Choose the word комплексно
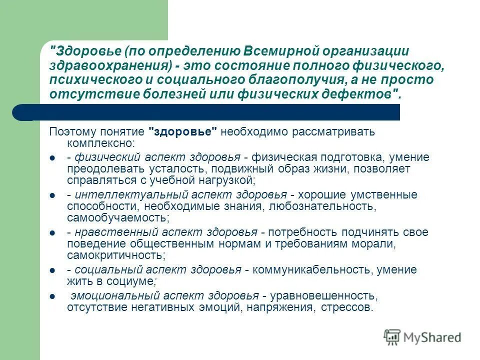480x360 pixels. (98, 143)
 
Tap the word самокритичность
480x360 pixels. (115, 255)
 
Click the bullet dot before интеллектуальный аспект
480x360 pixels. (52, 195)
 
